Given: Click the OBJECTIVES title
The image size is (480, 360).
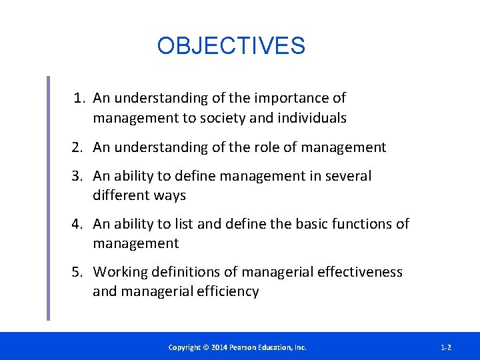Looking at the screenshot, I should point(231,46).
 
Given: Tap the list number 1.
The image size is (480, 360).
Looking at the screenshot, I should point(79,99).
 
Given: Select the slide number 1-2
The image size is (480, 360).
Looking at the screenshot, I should point(446,347).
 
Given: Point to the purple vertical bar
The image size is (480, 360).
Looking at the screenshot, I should point(48,198).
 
